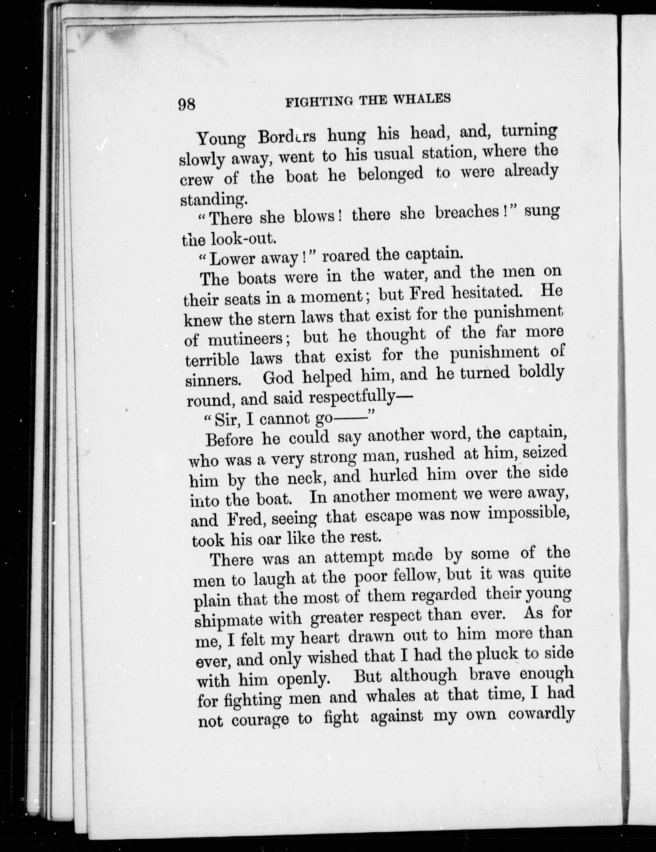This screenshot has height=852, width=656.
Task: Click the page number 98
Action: coord(187,105)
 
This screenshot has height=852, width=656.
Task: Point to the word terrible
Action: coord(212,359)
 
